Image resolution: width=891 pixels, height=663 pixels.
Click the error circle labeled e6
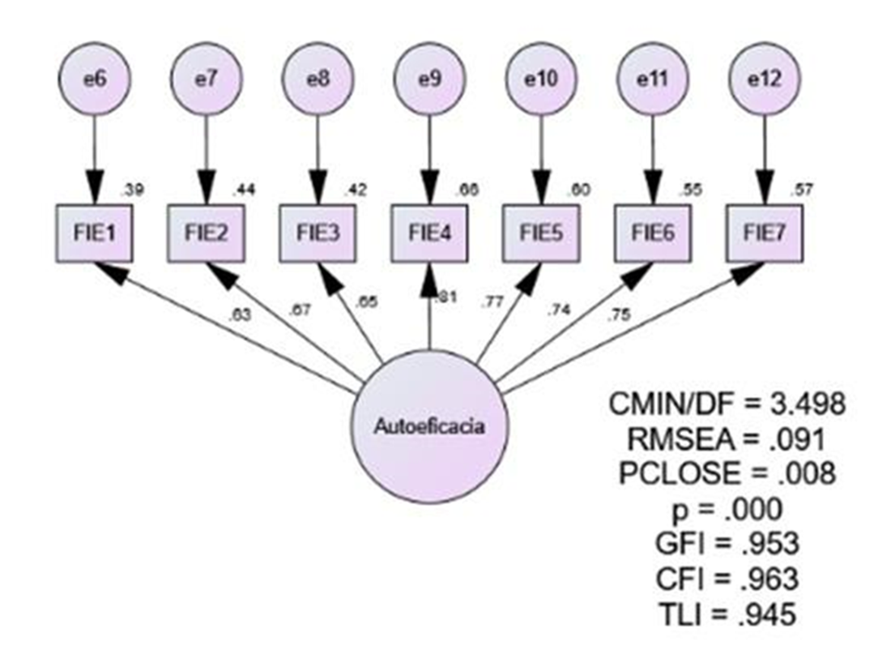tap(94, 82)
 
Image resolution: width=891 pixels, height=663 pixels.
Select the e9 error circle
tap(428, 82)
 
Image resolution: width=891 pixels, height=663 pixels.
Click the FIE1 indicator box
tap(94, 234)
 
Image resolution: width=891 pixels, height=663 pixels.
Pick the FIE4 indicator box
tap(429, 234)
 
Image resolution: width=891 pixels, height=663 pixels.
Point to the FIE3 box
tap(318, 234)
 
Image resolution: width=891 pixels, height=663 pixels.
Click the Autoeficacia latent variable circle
tap(429, 427)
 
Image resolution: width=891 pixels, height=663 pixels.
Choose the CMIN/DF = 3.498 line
tap(726, 403)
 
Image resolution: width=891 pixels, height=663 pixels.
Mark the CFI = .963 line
tap(726, 580)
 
